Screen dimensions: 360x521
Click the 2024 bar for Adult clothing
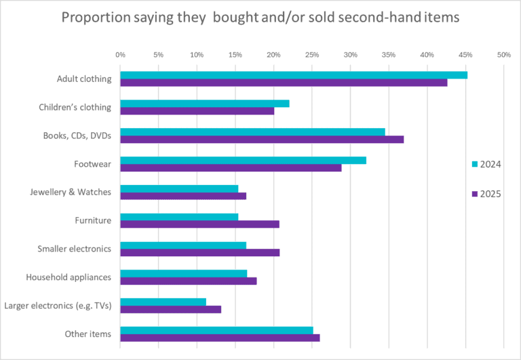pos(294,75)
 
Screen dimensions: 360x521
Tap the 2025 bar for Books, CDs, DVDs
pos(262,140)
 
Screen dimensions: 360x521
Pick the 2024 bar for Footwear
pos(243,160)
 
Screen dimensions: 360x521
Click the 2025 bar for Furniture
pos(199,224)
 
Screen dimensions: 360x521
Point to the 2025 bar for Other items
pos(220,338)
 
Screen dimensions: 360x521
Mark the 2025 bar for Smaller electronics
pos(199,252)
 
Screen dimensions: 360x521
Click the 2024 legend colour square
pos(474,164)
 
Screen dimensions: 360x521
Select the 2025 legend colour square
pos(474,194)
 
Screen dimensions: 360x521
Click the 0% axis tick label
pos(120,54)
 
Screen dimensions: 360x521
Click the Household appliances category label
pos(69,277)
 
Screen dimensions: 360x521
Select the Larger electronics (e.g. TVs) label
pos(58,306)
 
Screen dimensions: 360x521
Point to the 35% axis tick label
pos(388,54)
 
